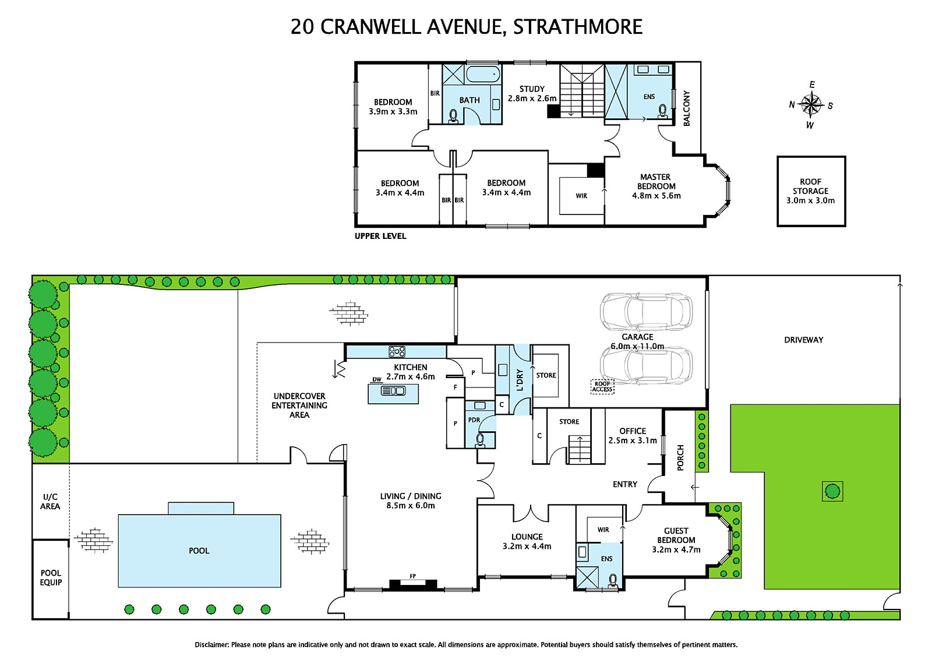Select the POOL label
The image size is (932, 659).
click(199, 551)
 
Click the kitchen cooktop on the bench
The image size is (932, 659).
click(397, 352)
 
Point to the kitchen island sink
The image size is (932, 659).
click(393, 390)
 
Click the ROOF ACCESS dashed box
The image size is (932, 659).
click(602, 386)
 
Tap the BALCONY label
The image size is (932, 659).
click(687, 108)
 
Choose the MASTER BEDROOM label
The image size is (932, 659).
click(656, 182)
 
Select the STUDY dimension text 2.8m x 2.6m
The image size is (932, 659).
click(532, 98)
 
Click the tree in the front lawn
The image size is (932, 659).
click(832, 491)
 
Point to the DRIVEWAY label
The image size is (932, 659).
click(803, 340)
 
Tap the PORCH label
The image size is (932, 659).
click(680, 457)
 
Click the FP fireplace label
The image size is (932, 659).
click(413, 576)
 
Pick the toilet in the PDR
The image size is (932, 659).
click(480, 439)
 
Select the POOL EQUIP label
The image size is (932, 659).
click(51, 577)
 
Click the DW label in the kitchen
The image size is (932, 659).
click(376, 380)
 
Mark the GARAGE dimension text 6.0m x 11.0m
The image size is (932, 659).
click(637, 346)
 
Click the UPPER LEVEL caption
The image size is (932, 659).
click(380, 236)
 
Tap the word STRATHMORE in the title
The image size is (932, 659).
click(578, 27)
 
